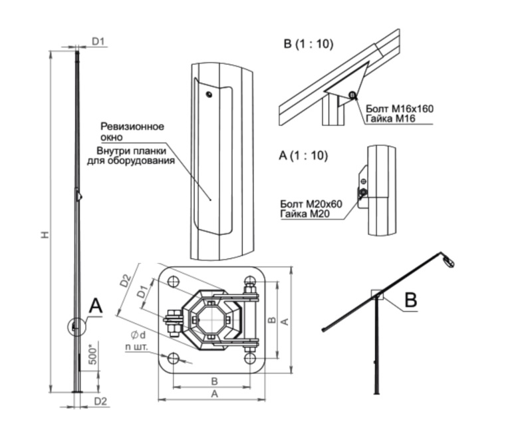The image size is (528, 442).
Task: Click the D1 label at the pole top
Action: (99, 42)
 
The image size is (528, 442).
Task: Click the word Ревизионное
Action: (132, 126)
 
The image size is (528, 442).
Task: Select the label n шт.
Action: (136, 347)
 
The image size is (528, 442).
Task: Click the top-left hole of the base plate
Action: (173, 282)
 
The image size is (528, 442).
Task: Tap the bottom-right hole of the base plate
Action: (251, 359)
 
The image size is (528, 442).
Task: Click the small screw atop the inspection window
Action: (209, 94)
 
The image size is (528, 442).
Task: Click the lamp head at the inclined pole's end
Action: (448, 261)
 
